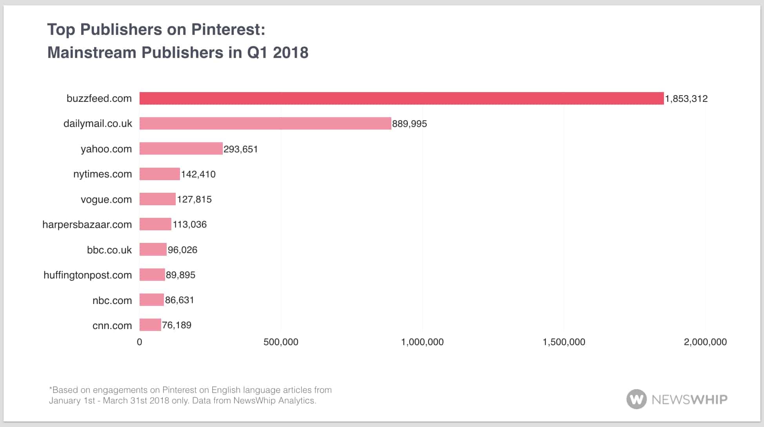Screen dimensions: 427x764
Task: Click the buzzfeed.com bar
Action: pyautogui.click(x=401, y=98)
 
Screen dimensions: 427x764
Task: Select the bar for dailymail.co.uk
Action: pyautogui.click(x=265, y=123)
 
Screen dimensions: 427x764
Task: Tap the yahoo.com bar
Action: pyautogui.click(x=181, y=149)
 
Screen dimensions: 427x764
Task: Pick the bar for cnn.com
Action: pyautogui.click(x=150, y=325)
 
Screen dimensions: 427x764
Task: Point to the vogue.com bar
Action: pyautogui.click(x=157, y=199)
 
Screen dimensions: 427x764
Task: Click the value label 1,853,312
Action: pyautogui.click(x=686, y=99)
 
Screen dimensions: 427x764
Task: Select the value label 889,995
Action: pyautogui.click(x=409, y=124)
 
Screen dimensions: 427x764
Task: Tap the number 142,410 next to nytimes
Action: pyautogui.click(x=198, y=174)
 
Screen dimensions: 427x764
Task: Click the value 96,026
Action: pyautogui.click(x=182, y=250)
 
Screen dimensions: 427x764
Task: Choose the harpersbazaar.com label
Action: pyautogui.click(x=87, y=224)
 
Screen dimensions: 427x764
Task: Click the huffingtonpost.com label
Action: pyautogui.click(x=87, y=275)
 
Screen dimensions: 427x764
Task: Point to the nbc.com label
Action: pyautogui.click(x=112, y=300)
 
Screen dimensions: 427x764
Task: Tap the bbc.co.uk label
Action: pyautogui.click(x=109, y=250)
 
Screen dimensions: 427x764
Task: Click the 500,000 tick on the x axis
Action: pyautogui.click(x=281, y=342)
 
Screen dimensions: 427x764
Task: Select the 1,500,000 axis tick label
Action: pyautogui.click(x=564, y=342)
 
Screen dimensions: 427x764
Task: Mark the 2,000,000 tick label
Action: pyautogui.click(x=705, y=342)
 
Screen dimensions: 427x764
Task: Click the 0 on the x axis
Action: pyautogui.click(x=139, y=342)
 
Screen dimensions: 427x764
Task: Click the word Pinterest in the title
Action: pyautogui.click(x=228, y=29)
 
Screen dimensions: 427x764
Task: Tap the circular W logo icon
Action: pyautogui.click(x=636, y=399)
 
